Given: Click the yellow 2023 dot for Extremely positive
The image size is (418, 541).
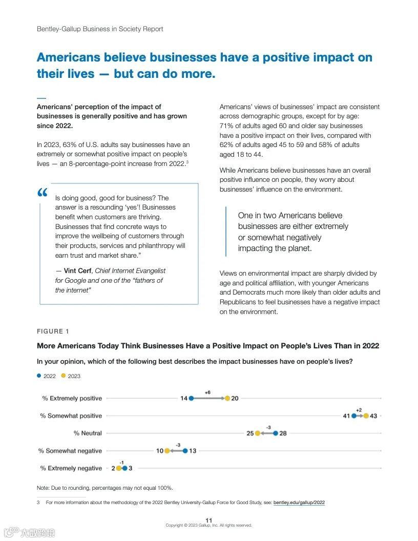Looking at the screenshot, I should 227,398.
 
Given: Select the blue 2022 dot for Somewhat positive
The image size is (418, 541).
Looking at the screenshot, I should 354,415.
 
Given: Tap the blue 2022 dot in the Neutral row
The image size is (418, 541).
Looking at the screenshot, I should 276,433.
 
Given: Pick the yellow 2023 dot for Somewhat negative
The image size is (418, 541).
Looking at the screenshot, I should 167,451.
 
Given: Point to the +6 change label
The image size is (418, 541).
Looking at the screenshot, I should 207,392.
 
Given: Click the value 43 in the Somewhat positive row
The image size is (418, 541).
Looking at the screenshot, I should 373,416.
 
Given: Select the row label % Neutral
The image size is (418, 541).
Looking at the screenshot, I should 88,433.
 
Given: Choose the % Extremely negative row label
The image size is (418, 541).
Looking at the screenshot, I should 71,468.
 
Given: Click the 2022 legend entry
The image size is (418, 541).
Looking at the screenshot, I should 47,376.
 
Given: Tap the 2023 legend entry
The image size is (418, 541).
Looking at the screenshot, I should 71,376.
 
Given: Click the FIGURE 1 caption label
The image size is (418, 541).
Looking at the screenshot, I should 50,331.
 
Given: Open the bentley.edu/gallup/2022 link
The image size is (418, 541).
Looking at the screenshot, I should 299,503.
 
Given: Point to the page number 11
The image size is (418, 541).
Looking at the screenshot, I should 208,521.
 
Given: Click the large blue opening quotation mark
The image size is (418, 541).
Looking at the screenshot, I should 43,194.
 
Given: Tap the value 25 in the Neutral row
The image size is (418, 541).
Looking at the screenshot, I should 250,433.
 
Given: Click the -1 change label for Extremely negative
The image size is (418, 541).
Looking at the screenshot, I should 121,463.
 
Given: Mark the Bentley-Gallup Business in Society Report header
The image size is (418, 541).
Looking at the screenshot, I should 100,29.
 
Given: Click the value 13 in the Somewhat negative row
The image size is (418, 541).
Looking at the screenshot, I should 193,451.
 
